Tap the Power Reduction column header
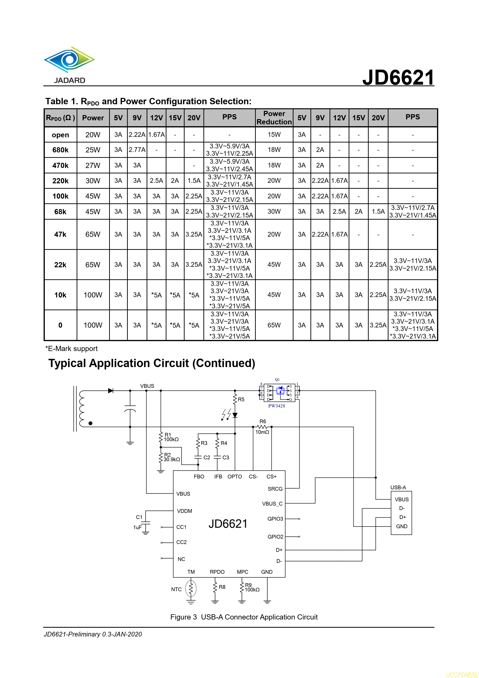(274, 117)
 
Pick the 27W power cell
(93, 165)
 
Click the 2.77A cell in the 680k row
(137, 150)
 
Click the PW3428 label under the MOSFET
(276, 406)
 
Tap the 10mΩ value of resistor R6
(262, 432)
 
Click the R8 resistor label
(222, 587)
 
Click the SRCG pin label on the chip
(275, 489)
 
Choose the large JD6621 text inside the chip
(228, 524)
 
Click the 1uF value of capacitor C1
(137, 527)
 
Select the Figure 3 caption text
(244, 617)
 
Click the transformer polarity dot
(90, 423)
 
